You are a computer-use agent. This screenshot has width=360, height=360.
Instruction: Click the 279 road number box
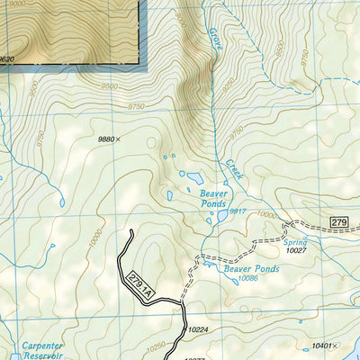[338, 221]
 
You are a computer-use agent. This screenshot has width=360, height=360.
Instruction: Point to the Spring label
[295, 243]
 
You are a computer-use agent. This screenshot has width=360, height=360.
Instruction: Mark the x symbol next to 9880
[119, 139]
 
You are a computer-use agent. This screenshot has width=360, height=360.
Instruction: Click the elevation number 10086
[250, 278]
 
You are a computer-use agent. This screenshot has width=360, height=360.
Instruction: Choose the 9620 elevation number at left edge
[7, 58]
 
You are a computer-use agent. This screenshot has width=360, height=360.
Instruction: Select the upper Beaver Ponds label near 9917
[216, 198]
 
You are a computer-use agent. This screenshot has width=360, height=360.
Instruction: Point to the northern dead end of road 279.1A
[132, 232]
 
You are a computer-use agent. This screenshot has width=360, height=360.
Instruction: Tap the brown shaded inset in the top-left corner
[72, 31]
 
